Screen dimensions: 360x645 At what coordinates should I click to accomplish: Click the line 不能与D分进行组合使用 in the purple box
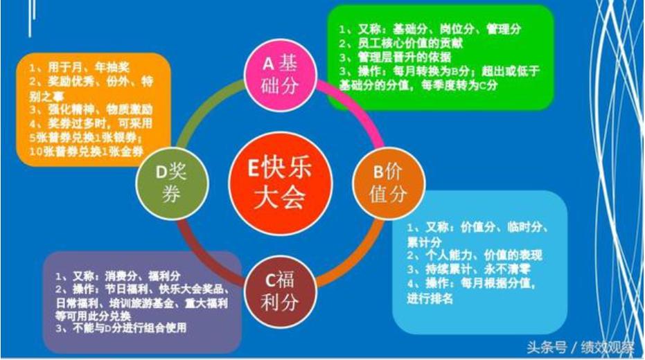pos(122,328)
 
